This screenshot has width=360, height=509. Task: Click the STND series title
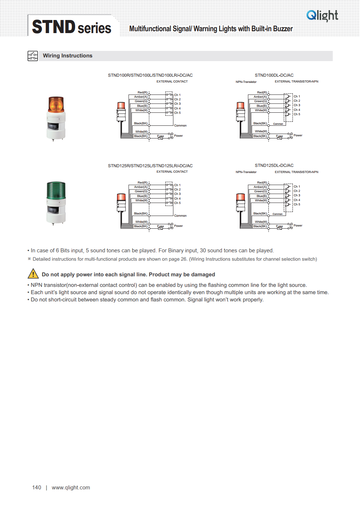[72, 27]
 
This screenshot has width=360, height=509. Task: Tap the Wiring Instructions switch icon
[33, 56]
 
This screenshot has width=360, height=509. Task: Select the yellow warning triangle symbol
[33, 273]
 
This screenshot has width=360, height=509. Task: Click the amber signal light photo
[56, 119]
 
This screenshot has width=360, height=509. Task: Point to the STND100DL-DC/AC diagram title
[274, 75]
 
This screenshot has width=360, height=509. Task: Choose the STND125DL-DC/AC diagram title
[274, 165]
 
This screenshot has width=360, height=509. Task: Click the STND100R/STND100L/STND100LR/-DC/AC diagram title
[150, 75]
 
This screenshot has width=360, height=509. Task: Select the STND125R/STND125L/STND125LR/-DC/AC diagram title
[150, 166]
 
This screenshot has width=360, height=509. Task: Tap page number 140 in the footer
[37, 488]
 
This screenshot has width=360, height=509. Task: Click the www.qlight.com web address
[71, 488]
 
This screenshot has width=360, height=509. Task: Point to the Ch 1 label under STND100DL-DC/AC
[297, 96]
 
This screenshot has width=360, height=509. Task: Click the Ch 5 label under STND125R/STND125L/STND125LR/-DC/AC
[177, 203]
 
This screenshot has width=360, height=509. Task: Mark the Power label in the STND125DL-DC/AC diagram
[298, 225]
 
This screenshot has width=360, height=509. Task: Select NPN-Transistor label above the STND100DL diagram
[246, 82]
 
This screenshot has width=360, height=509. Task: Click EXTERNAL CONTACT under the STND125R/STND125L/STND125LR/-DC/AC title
[172, 172]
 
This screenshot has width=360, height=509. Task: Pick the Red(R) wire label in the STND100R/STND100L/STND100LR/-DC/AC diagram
[142, 92]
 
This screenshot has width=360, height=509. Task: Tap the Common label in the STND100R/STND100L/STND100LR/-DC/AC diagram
[180, 125]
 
